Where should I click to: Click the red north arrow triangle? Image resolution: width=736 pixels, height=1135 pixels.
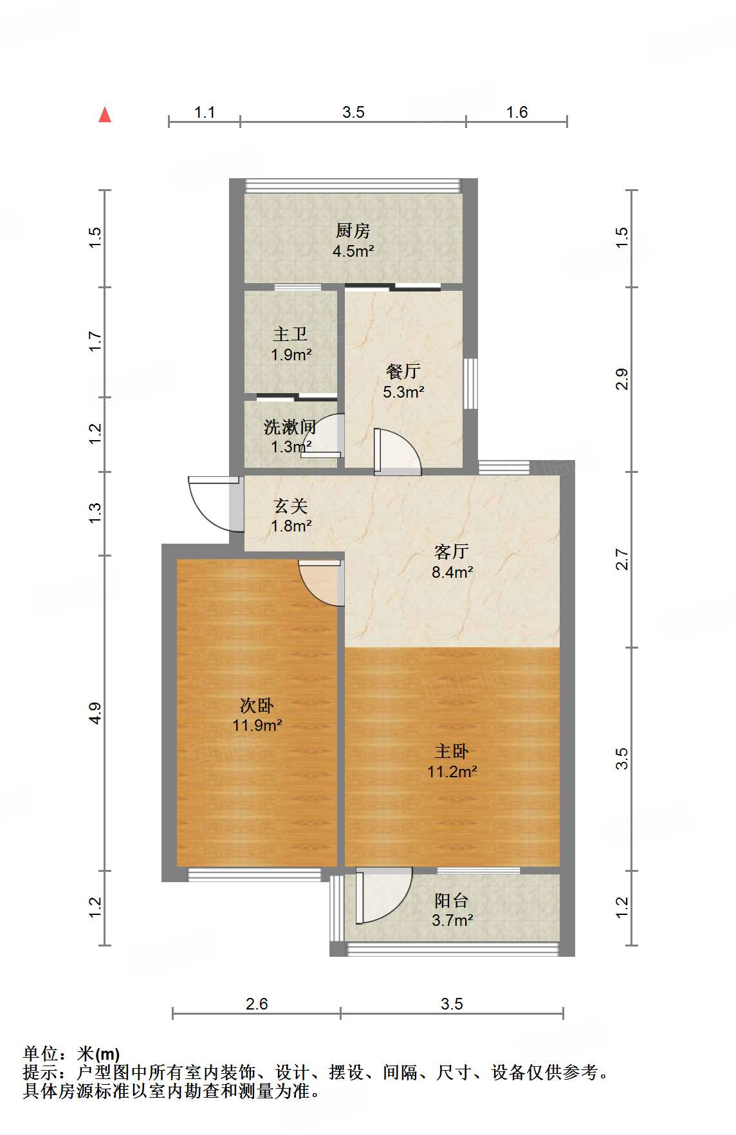coord(105,115)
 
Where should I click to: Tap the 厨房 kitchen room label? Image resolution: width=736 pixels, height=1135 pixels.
coord(353,230)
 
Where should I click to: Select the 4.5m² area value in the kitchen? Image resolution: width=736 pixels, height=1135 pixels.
coord(353,251)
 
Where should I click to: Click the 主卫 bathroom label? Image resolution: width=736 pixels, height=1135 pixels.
coord(290,334)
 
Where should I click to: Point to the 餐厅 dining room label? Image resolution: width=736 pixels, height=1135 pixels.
coord(403,371)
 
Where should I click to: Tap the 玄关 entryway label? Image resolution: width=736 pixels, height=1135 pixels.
coord(291,506)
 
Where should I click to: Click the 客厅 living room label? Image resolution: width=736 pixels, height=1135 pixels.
coord(452,551)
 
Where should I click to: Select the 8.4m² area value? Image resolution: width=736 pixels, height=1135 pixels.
coord(452,572)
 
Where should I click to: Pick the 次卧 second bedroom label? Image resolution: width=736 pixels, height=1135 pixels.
coord(257,705)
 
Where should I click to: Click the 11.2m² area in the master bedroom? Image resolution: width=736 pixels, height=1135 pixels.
coord(452,771)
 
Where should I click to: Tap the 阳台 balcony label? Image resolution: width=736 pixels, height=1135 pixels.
coord(452,900)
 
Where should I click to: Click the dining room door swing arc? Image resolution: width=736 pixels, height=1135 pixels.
coord(399,451)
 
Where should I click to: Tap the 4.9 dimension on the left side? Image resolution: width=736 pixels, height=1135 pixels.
coord(96,713)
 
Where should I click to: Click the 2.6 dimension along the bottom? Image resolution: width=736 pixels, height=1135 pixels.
coord(257,1004)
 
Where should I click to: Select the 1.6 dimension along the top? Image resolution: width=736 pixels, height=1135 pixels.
coord(517,113)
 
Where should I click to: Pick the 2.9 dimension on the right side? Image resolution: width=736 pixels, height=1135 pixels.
coord(621,379)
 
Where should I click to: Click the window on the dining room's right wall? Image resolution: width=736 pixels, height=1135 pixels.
coord(471,383)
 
